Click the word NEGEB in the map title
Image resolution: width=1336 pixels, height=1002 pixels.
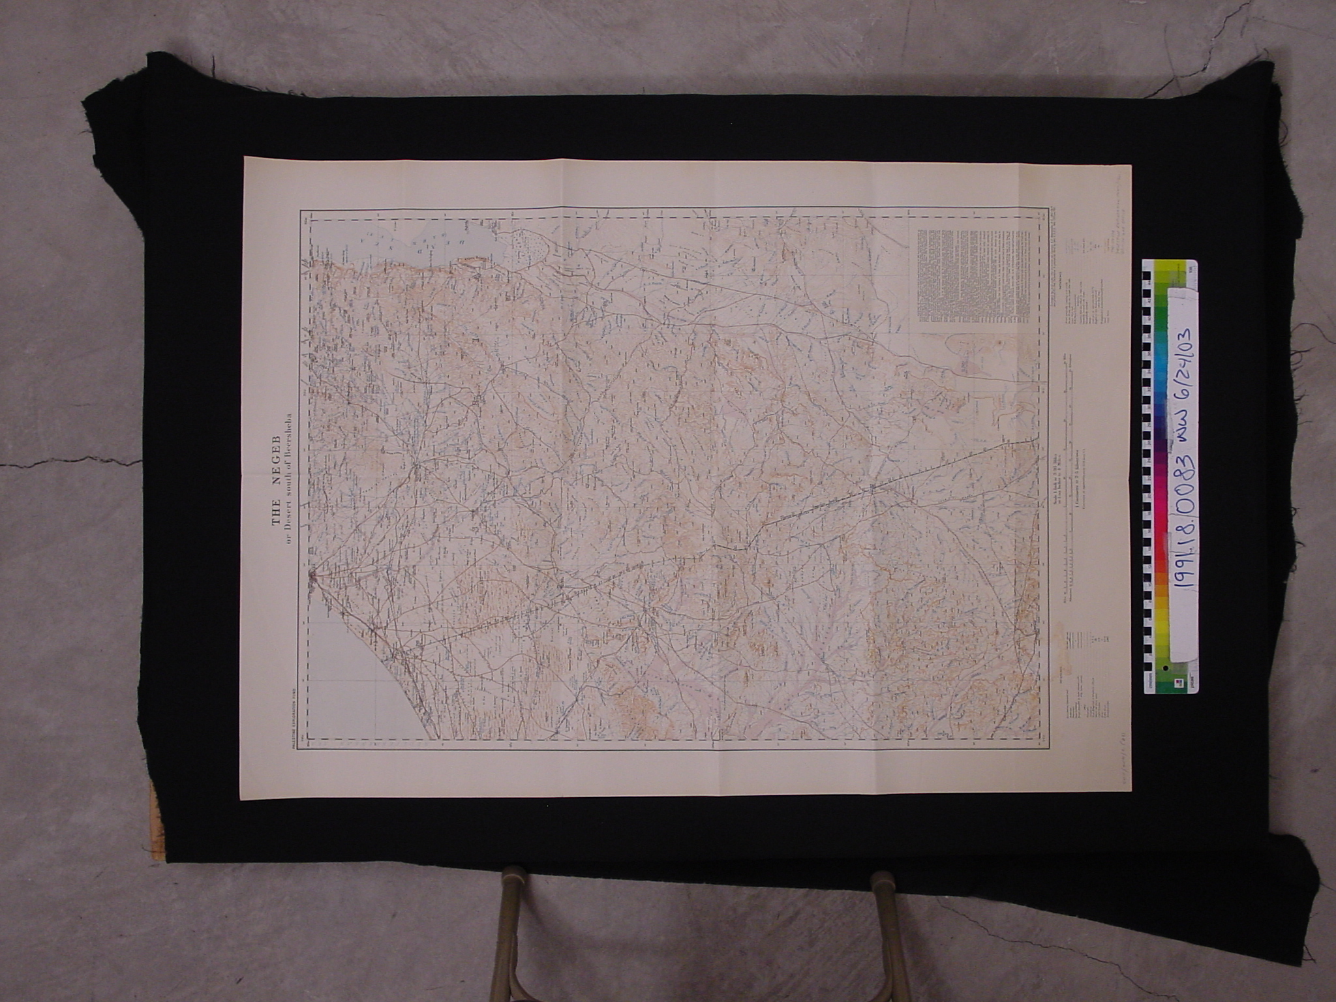tap(275, 453)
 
